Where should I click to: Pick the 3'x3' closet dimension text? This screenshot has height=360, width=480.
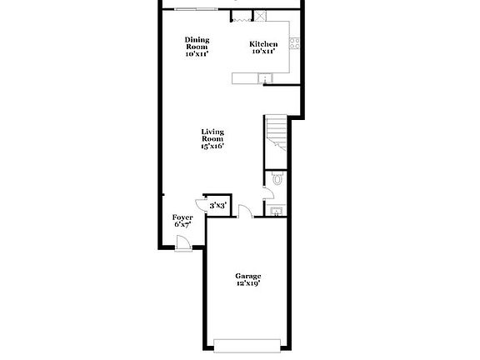coord(217,205)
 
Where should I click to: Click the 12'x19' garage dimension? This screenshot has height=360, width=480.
coord(247,283)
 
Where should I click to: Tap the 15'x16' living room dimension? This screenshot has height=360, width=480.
coord(212,147)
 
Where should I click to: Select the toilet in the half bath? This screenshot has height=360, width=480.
coord(278,178)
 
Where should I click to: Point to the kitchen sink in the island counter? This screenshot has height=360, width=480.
coord(266,78)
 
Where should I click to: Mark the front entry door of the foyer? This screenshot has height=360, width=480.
coord(183,242)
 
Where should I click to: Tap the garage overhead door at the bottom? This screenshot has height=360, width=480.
coord(247,344)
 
